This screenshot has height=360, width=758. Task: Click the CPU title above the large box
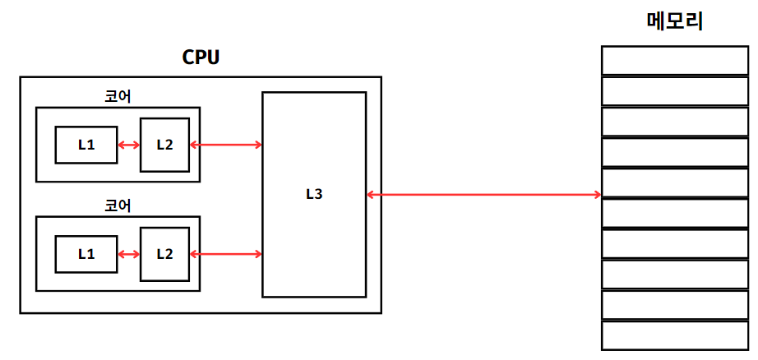pos(201,58)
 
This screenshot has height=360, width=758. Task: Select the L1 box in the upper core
pos(86,145)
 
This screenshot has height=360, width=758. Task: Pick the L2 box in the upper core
pos(164,145)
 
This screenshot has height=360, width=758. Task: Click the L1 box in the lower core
pos(86,254)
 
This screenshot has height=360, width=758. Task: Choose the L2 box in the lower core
pos(164,254)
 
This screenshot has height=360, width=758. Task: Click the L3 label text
pos(313,195)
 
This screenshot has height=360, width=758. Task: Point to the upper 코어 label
pos(118,96)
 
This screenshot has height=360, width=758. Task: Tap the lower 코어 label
pos(118,205)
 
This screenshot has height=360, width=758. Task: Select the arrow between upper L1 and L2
pos(128,145)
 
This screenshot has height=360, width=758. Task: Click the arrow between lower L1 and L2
pos(128,255)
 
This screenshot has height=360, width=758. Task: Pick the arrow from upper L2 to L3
pos(226,145)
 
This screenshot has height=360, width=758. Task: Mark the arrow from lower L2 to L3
pos(226,255)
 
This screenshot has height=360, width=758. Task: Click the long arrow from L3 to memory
pos(483,195)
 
